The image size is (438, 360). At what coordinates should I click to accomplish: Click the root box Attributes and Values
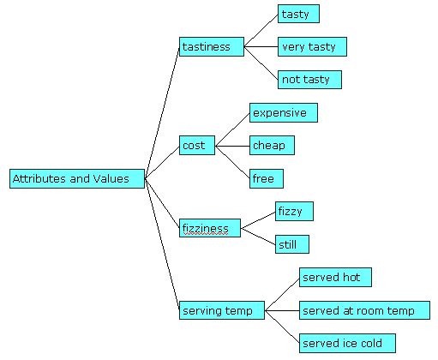click(x=76, y=179)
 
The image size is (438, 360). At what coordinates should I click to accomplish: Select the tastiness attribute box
click(x=212, y=46)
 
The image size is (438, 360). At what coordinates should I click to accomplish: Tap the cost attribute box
click(x=197, y=146)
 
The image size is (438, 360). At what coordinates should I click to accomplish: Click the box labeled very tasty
click(x=312, y=46)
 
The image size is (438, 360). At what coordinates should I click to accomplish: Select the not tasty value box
click(x=309, y=80)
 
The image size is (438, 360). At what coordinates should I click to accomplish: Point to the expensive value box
click(x=283, y=112)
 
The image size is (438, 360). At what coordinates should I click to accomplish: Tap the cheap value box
click(x=271, y=146)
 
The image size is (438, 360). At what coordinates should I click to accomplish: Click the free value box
click(x=266, y=178)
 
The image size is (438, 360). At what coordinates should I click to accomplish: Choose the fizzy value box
click(x=294, y=211)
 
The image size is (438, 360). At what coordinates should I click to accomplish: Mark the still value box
click(x=291, y=244)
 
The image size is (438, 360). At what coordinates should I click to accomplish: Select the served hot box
click(x=334, y=277)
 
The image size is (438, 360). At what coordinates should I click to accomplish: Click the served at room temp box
click(x=363, y=310)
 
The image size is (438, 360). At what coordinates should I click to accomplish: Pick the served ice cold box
click(x=346, y=343)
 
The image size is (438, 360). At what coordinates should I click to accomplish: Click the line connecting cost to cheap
click(x=231, y=146)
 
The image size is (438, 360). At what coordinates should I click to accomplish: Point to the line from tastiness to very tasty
click(x=261, y=46)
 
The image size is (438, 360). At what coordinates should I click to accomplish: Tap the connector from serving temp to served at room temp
click(x=281, y=310)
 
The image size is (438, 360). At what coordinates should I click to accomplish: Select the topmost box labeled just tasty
click(x=298, y=14)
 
